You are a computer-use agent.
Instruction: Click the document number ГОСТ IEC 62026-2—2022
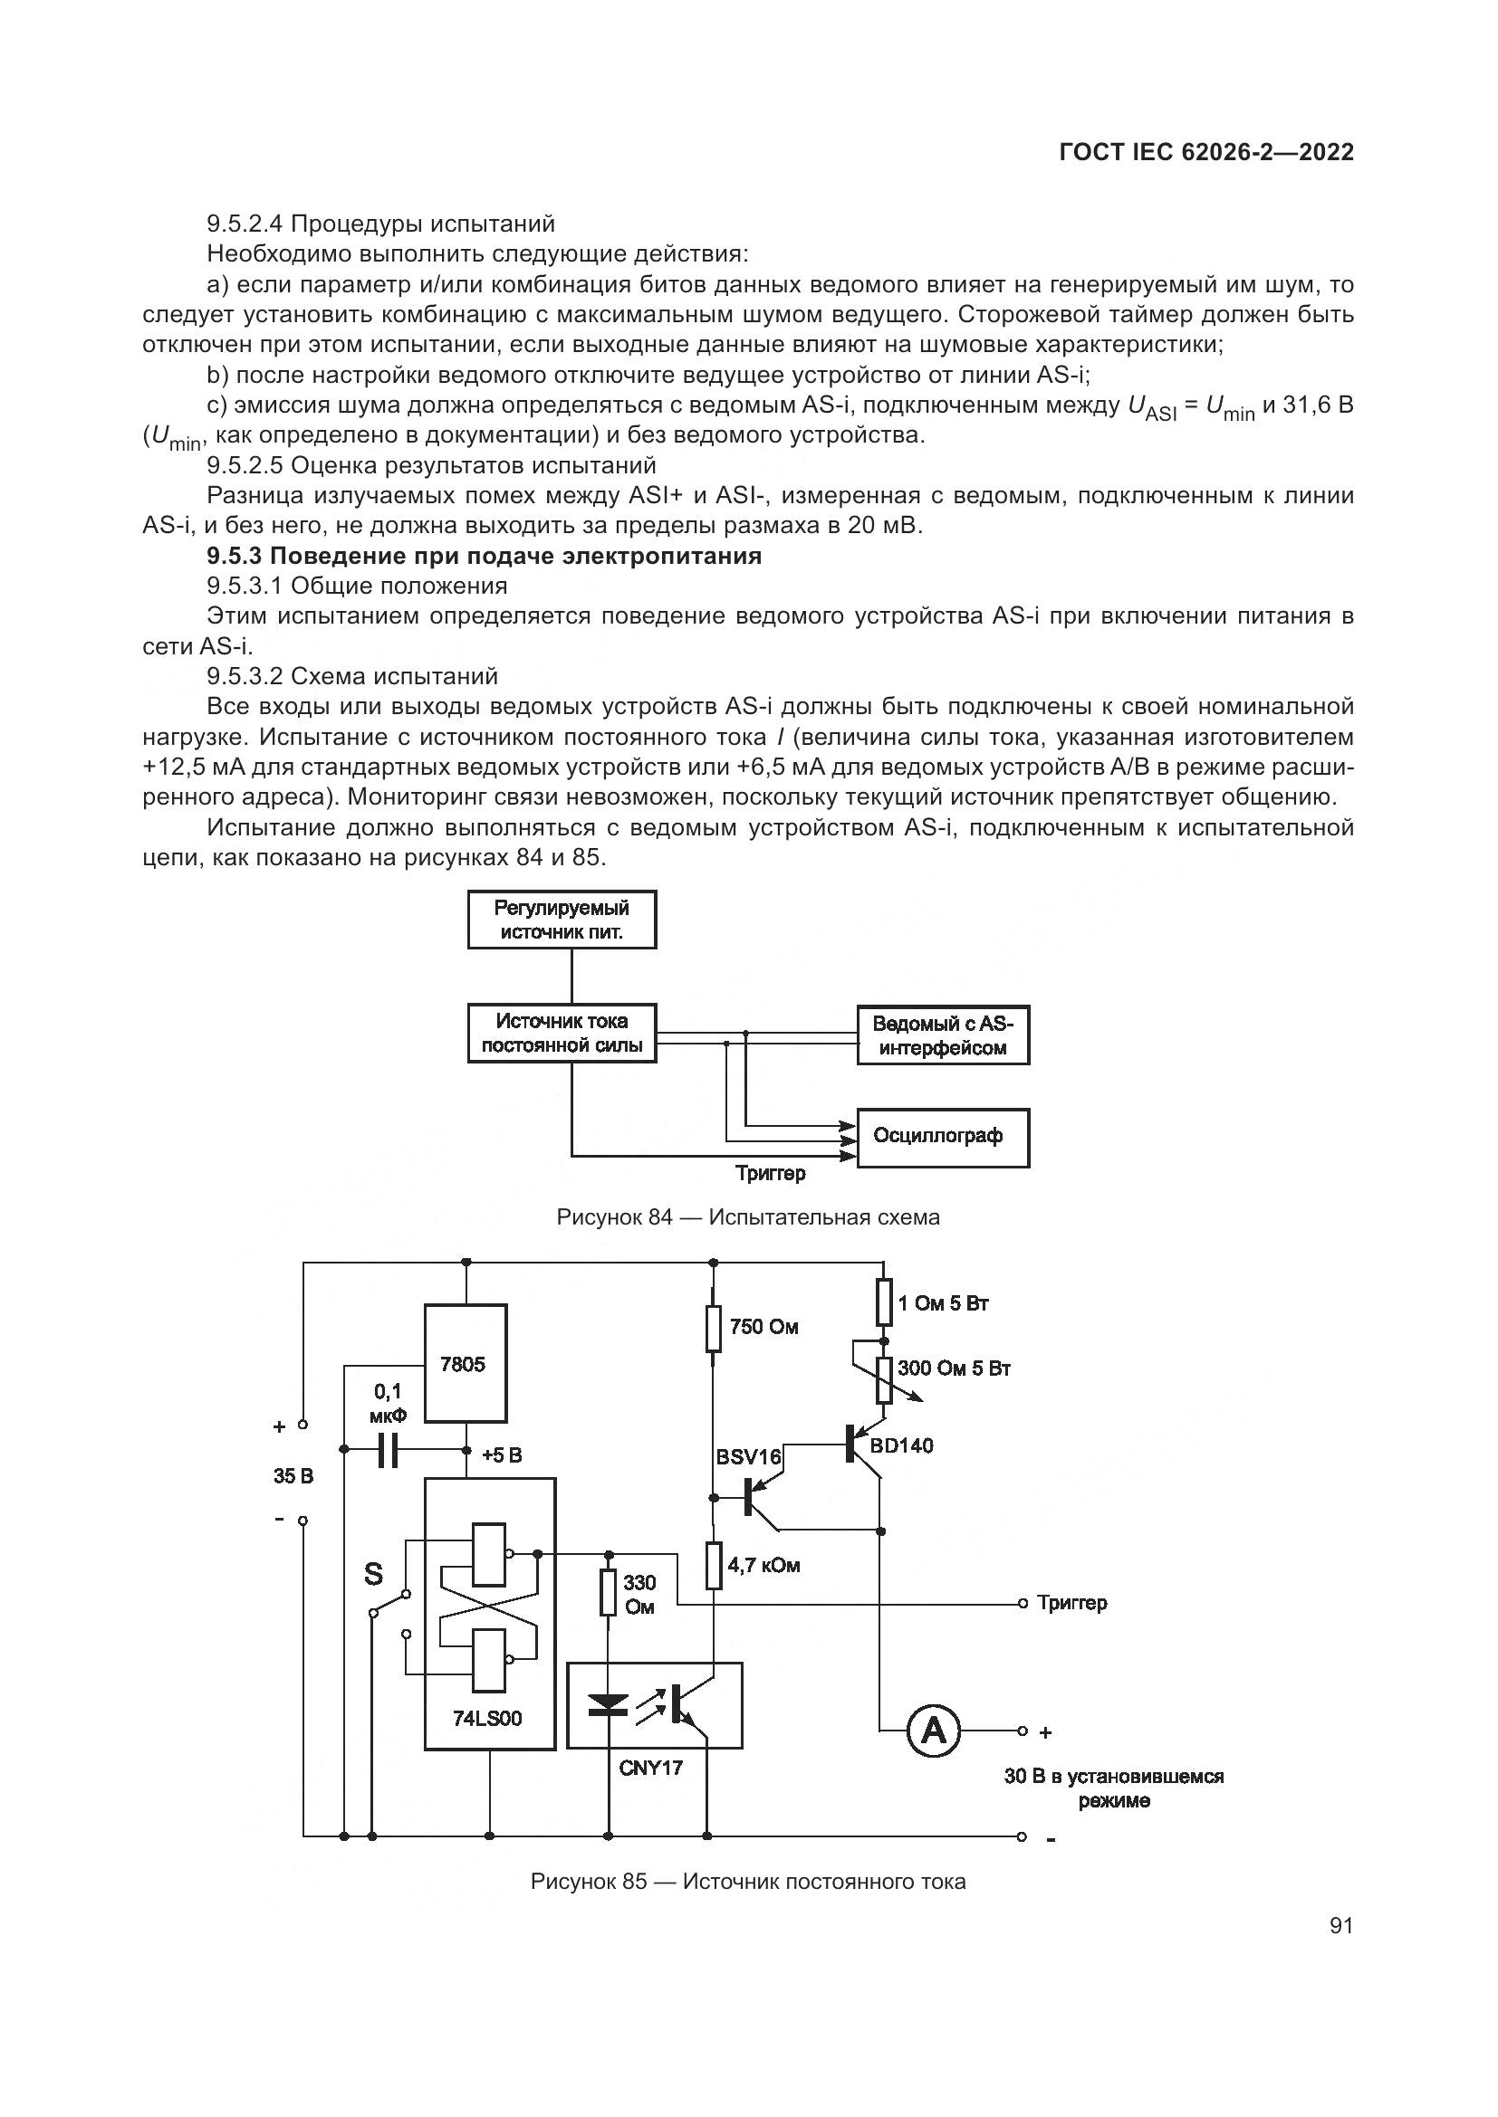tap(1205, 153)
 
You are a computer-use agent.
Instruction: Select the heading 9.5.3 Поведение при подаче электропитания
tap(484, 556)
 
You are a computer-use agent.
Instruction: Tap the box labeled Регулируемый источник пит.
tap(562, 920)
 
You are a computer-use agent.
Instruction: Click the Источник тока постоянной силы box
tap(562, 1033)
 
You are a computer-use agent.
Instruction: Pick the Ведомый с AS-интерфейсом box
tap(942, 1035)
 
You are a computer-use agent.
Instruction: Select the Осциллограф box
tap(942, 1137)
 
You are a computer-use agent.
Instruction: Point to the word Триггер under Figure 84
tap(770, 1174)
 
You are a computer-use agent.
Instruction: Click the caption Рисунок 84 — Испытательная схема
tap(748, 1217)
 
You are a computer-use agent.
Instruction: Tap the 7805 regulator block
tap(464, 1364)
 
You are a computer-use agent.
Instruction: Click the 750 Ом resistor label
tap(763, 1327)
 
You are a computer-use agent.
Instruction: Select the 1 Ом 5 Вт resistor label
tap(943, 1302)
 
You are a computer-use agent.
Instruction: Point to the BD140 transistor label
tap(901, 1445)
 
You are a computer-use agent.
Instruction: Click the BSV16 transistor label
tap(748, 1457)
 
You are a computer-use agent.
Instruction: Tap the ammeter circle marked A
tap(934, 1731)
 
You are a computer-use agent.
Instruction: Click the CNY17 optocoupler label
tap(651, 1768)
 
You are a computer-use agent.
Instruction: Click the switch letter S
tap(372, 1573)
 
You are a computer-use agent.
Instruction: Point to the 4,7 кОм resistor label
tap(763, 1566)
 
